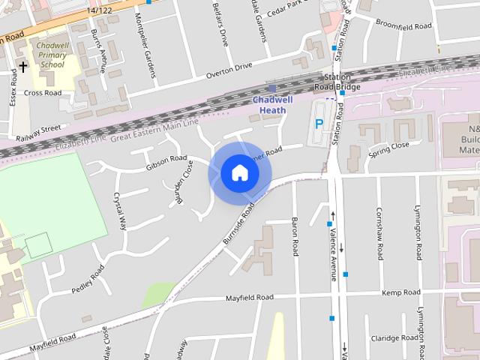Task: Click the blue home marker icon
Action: pos(239,173)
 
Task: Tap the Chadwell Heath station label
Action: pos(272,105)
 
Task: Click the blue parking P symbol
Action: pos(319,124)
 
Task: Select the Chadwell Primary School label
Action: pos(52,54)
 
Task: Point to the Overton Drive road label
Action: pos(229,71)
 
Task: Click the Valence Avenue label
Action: pos(334,256)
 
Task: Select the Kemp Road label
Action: pos(400,292)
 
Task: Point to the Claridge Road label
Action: pos(394,338)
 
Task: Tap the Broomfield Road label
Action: pos(403,25)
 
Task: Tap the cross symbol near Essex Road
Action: pos(22,67)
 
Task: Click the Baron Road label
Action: pos(295,236)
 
